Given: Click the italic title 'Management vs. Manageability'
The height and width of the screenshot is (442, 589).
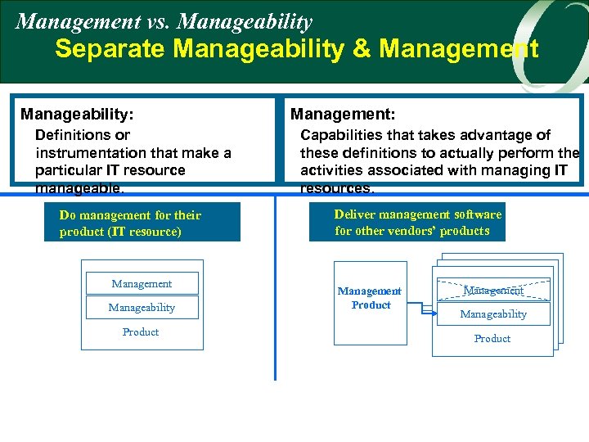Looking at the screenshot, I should click(x=164, y=20).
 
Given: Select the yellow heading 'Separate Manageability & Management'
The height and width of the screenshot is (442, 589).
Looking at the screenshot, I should click(x=296, y=49).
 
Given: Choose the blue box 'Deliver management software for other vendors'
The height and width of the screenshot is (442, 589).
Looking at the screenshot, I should click(x=407, y=222).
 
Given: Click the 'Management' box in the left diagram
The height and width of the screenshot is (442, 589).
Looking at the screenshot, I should click(x=142, y=283).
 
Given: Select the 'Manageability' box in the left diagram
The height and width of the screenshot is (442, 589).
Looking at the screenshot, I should click(x=142, y=307).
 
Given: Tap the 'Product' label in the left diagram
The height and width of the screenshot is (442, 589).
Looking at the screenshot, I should click(x=141, y=332).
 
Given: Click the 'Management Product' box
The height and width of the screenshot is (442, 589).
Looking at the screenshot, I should click(x=370, y=298).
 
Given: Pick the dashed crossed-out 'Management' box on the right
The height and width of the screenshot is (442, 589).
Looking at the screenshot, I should click(x=493, y=291).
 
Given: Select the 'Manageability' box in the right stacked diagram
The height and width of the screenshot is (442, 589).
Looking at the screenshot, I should click(x=493, y=313).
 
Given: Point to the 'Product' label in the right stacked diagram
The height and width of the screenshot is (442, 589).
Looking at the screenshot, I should click(x=492, y=339).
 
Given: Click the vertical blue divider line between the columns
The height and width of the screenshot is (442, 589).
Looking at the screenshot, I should click(x=275, y=327).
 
